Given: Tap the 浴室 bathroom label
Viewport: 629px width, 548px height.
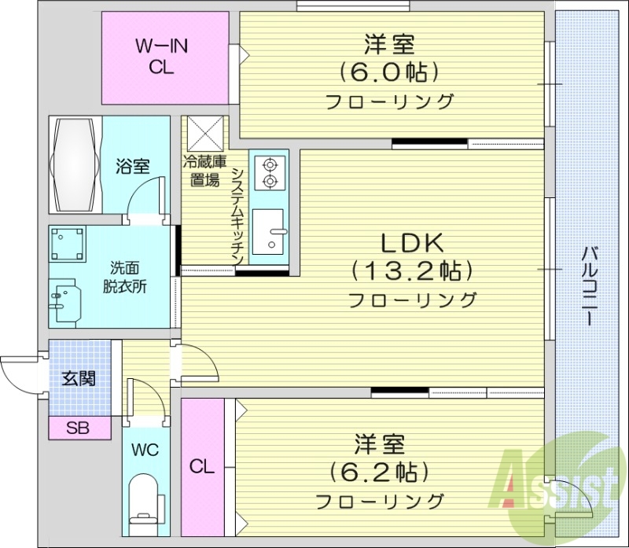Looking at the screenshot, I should pyautogui.click(x=132, y=167).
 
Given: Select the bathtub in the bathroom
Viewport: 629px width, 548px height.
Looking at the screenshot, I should pyautogui.click(x=75, y=164).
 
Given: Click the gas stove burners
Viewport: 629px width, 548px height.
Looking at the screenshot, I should pyautogui.click(x=270, y=173).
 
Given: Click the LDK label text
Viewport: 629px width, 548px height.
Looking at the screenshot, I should pyautogui.click(x=414, y=241).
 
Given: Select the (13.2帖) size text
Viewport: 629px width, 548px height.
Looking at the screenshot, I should pyautogui.click(x=414, y=270).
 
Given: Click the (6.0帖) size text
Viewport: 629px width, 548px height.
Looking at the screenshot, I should pyautogui.click(x=389, y=72).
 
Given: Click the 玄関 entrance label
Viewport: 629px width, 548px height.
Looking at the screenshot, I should pyautogui.click(x=79, y=378).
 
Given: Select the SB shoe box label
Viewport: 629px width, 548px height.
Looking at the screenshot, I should pyautogui.click(x=77, y=428).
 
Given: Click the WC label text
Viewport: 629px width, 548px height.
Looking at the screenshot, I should pyautogui.click(x=145, y=451).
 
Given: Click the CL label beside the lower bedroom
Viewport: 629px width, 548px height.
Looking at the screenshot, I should pyautogui.click(x=202, y=466).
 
